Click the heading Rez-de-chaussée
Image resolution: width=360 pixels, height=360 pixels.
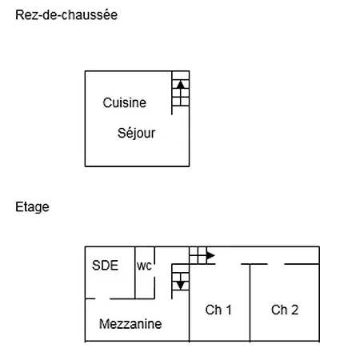coord(66,15)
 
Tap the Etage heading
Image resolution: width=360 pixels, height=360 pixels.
coord(32,207)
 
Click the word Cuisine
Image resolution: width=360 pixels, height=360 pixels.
coord(125,102)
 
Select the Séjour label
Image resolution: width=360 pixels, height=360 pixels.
coord(136,133)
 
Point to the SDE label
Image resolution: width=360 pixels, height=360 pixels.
coord(105,266)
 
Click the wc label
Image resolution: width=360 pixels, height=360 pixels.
coord(144,266)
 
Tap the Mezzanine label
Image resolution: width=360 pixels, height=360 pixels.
coord(130,324)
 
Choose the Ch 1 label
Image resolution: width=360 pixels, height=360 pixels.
coord(218,310)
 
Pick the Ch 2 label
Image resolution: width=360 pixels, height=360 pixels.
coord(285,310)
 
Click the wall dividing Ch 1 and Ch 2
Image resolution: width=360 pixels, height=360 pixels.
coord(250,302)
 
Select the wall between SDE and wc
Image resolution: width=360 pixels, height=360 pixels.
coord(135,273)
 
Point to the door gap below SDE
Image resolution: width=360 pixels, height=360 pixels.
coord(102,298)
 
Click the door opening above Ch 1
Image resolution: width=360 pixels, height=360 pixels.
coord(228,264)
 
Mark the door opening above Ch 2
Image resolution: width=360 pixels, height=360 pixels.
coord(276,264)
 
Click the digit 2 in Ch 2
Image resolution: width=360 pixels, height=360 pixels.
coord(294,310)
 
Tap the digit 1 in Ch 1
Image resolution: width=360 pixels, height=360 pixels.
coord(229,310)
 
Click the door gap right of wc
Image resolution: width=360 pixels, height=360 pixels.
coord(154,271)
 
